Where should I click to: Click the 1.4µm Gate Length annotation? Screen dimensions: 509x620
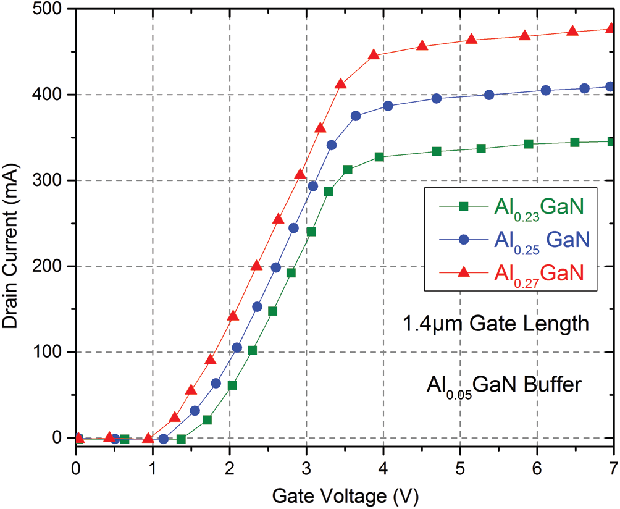[496, 324]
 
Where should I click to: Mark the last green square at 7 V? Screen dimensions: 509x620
[611, 141]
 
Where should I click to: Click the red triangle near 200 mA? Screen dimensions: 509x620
[257, 266]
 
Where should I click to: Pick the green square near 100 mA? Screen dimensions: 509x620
[252, 350]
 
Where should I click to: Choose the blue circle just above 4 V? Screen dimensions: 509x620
[388, 106]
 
